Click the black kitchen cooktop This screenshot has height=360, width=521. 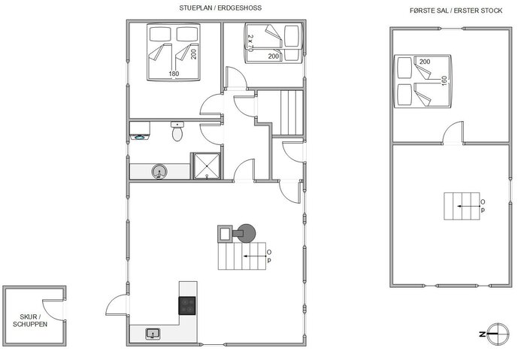point(187,304)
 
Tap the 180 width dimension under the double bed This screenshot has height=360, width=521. point(174,74)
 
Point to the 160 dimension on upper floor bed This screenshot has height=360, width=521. point(444,80)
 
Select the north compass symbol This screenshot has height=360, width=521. point(492,333)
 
